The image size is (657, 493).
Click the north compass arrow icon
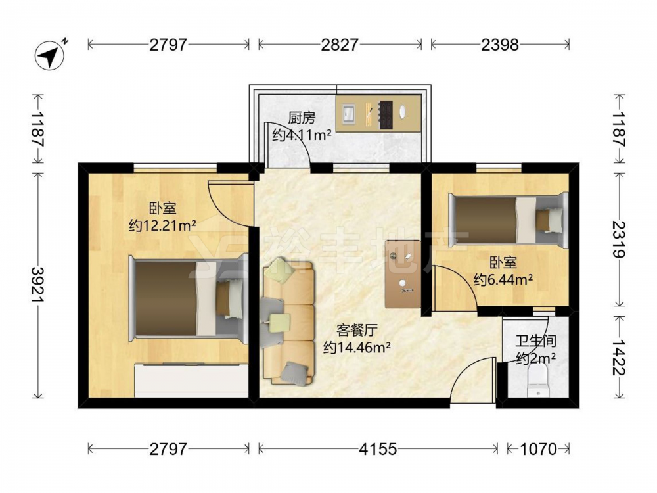tap(51, 55)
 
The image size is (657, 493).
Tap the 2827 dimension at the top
tap(340, 45)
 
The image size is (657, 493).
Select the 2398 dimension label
tap(499, 45)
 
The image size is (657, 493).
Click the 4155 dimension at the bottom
tap(378, 449)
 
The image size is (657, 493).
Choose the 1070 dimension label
tap(539, 449)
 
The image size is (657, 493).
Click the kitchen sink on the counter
tap(349, 113)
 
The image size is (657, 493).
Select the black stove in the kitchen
tap(386, 114)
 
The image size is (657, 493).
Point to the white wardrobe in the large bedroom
tap(191, 380)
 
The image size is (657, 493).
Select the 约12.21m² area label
tap(162, 226)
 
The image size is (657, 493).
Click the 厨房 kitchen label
tap(302, 118)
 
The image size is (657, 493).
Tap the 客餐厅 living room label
tap(357, 331)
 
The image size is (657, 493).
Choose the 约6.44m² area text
tap(503, 279)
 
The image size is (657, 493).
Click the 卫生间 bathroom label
tap(536, 341)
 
